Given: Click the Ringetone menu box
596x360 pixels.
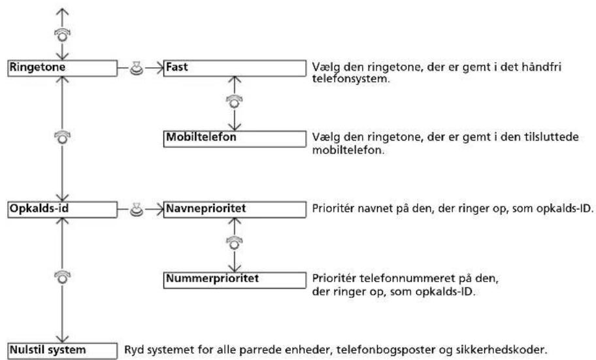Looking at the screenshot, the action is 62,68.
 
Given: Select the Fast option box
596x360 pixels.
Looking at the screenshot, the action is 235,68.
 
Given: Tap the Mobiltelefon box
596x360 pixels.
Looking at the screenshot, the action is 235,139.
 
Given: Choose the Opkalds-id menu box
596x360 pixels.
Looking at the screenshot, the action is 62,210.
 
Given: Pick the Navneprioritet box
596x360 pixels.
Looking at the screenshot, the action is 235,210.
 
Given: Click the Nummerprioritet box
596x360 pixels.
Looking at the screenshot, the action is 235,280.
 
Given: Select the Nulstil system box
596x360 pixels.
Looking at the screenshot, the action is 62,351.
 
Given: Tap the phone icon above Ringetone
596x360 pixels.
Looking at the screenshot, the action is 62,34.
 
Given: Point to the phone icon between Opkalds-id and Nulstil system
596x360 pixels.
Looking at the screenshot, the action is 62,277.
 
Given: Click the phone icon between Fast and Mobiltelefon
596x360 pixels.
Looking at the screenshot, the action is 235,101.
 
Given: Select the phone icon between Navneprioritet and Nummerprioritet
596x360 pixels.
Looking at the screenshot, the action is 235,242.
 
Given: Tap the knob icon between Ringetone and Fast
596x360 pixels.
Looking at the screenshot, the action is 137,68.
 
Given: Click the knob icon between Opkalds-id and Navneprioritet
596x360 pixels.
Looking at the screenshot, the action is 137,210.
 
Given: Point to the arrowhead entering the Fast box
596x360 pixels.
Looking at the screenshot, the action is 159,68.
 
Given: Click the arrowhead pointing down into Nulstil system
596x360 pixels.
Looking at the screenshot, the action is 62,338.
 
